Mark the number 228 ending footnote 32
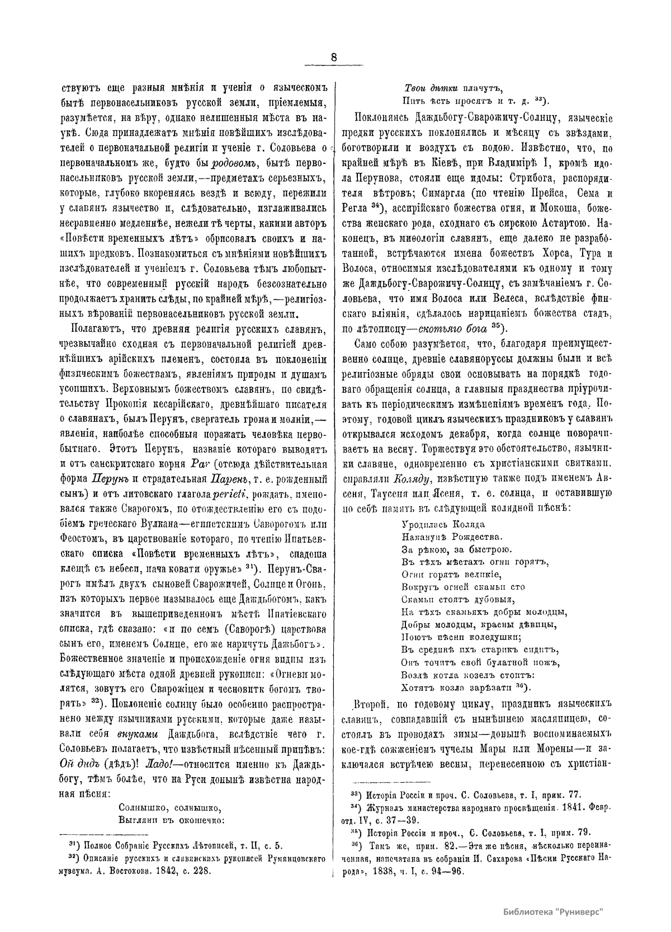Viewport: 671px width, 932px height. pos(201,870)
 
